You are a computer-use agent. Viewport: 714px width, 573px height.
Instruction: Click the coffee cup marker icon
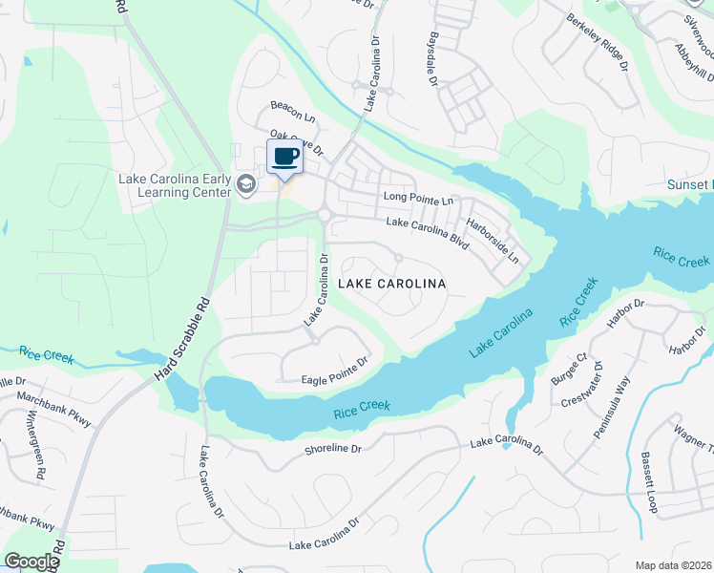click(x=285, y=156)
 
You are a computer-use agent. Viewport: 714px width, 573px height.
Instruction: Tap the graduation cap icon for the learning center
click(x=247, y=184)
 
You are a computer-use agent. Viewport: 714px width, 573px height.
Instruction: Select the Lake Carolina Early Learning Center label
click(x=175, y=185)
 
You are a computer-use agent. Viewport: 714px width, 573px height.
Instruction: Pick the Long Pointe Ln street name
click(x=418, y=199)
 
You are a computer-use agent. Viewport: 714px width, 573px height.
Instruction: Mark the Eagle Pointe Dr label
click(x=323, y=371)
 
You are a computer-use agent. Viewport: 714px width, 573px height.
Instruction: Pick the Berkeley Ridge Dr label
click(x=598, y=44)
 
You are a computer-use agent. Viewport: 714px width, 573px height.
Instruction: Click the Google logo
click(x=31, y=562)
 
